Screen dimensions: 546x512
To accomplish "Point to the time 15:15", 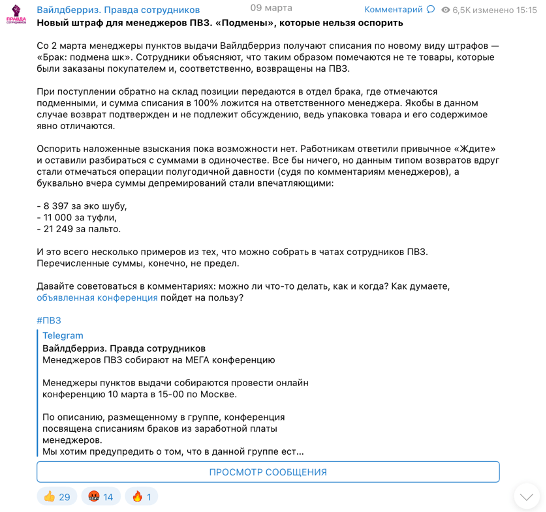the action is click(525, 8).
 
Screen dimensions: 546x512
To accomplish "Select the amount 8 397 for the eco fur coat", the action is click(62, 205).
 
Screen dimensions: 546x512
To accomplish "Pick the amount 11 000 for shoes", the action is click(65, 217).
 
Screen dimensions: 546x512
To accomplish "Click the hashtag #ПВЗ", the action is click(48, 319).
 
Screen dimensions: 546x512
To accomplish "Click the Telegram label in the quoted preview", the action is click(63, 336).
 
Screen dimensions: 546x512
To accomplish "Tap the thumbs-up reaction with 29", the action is click(58, 496).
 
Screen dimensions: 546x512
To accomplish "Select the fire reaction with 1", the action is click(145, 496).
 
